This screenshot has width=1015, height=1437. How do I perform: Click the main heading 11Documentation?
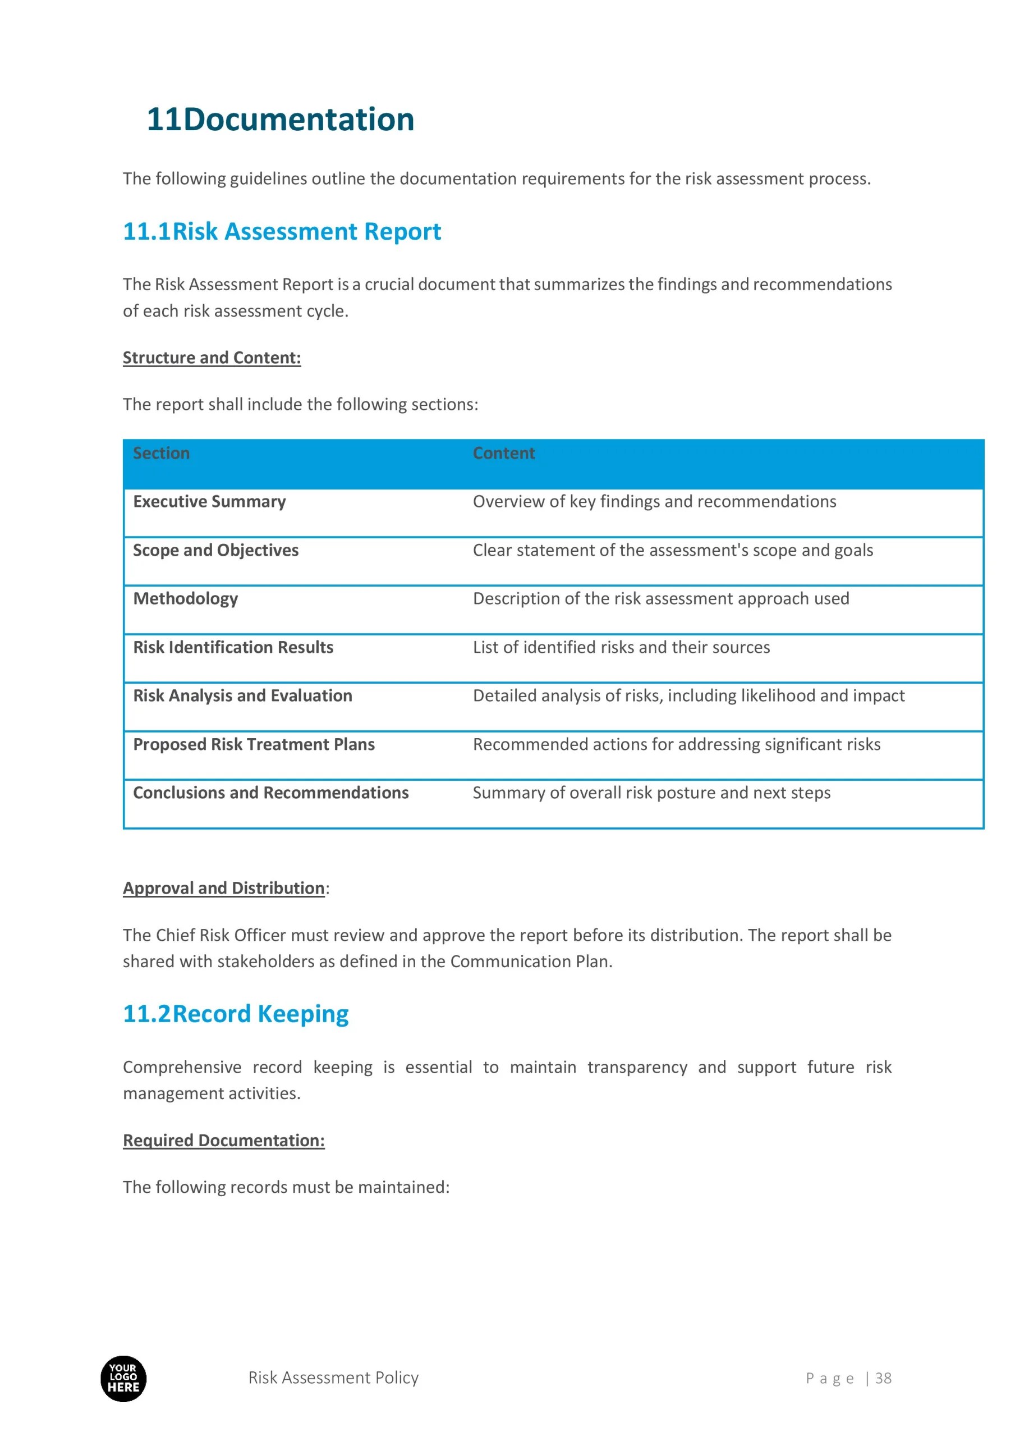click(x=280, y=119)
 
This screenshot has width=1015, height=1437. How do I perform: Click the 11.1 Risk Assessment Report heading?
click(x=282, y=232)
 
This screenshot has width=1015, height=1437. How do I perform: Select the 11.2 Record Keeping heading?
click(x=235, y=1013)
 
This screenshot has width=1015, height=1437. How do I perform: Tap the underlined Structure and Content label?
click(x=212, y=358)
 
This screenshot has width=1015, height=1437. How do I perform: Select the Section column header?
click(x=161, y=453)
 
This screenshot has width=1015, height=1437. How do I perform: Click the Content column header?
click(x=503, y=453)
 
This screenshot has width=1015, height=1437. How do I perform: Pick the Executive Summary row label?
click(x=209, y=501)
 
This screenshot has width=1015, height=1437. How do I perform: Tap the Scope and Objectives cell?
click(x=215, y=550)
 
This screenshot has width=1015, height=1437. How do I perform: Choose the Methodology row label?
click(x=185, y=598)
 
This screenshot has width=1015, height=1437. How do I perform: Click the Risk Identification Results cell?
click(x=233, y=647)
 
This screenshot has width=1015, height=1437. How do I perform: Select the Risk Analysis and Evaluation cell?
click(x=242, y=695)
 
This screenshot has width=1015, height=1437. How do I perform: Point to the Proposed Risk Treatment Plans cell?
click(x=254, y=744)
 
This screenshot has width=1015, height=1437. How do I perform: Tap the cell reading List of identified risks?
click(x=621, y=647)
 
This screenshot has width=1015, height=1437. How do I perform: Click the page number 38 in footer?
click(x=883, y=1378)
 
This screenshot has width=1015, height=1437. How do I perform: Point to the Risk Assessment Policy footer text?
click(x=333, y=1377)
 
